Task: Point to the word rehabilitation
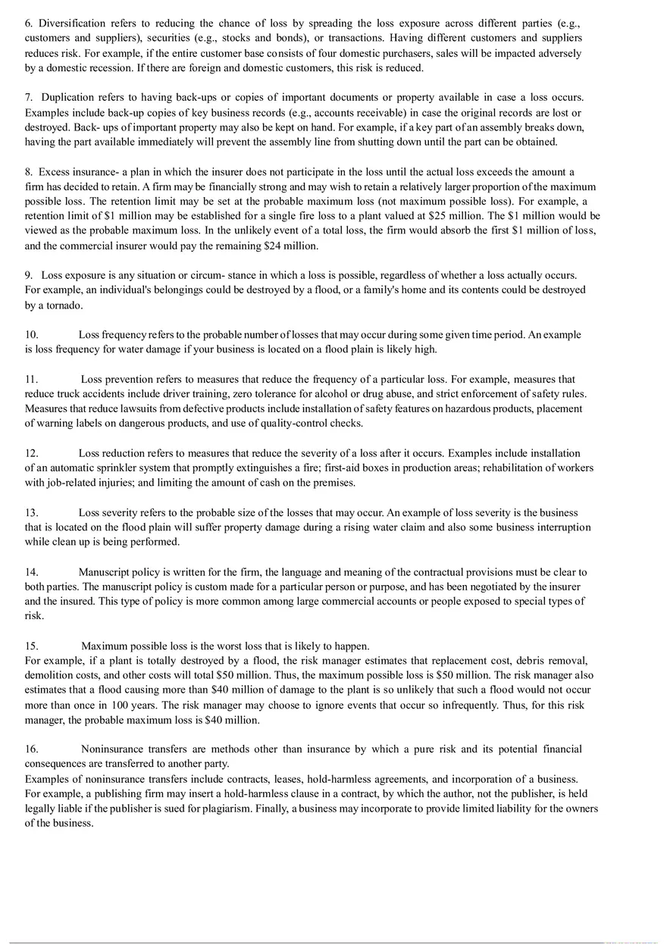pos(515,468)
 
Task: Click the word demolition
pos(50,675)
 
